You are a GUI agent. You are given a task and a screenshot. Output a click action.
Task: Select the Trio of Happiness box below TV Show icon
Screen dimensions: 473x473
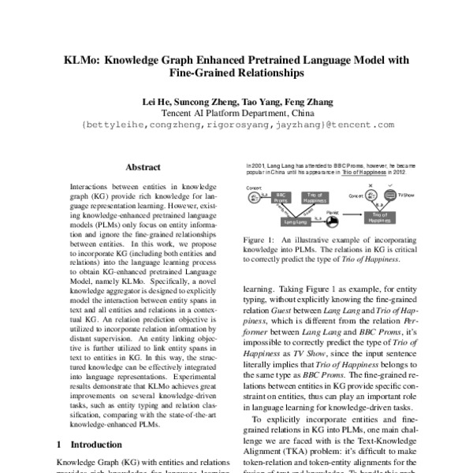point(379,217)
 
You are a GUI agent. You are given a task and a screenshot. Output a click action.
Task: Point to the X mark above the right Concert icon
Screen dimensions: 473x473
point(371,184)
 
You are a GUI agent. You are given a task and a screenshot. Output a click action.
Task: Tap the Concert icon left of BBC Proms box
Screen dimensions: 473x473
point(255,198)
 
